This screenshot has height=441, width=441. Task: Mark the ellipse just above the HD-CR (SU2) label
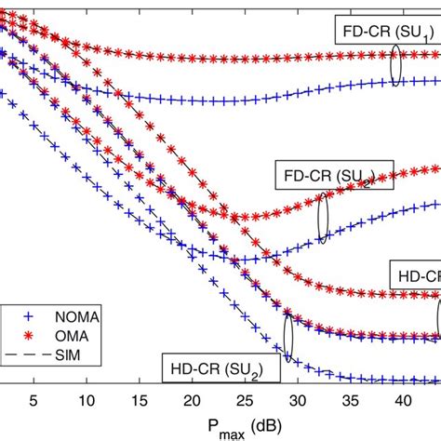point(288,338)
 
